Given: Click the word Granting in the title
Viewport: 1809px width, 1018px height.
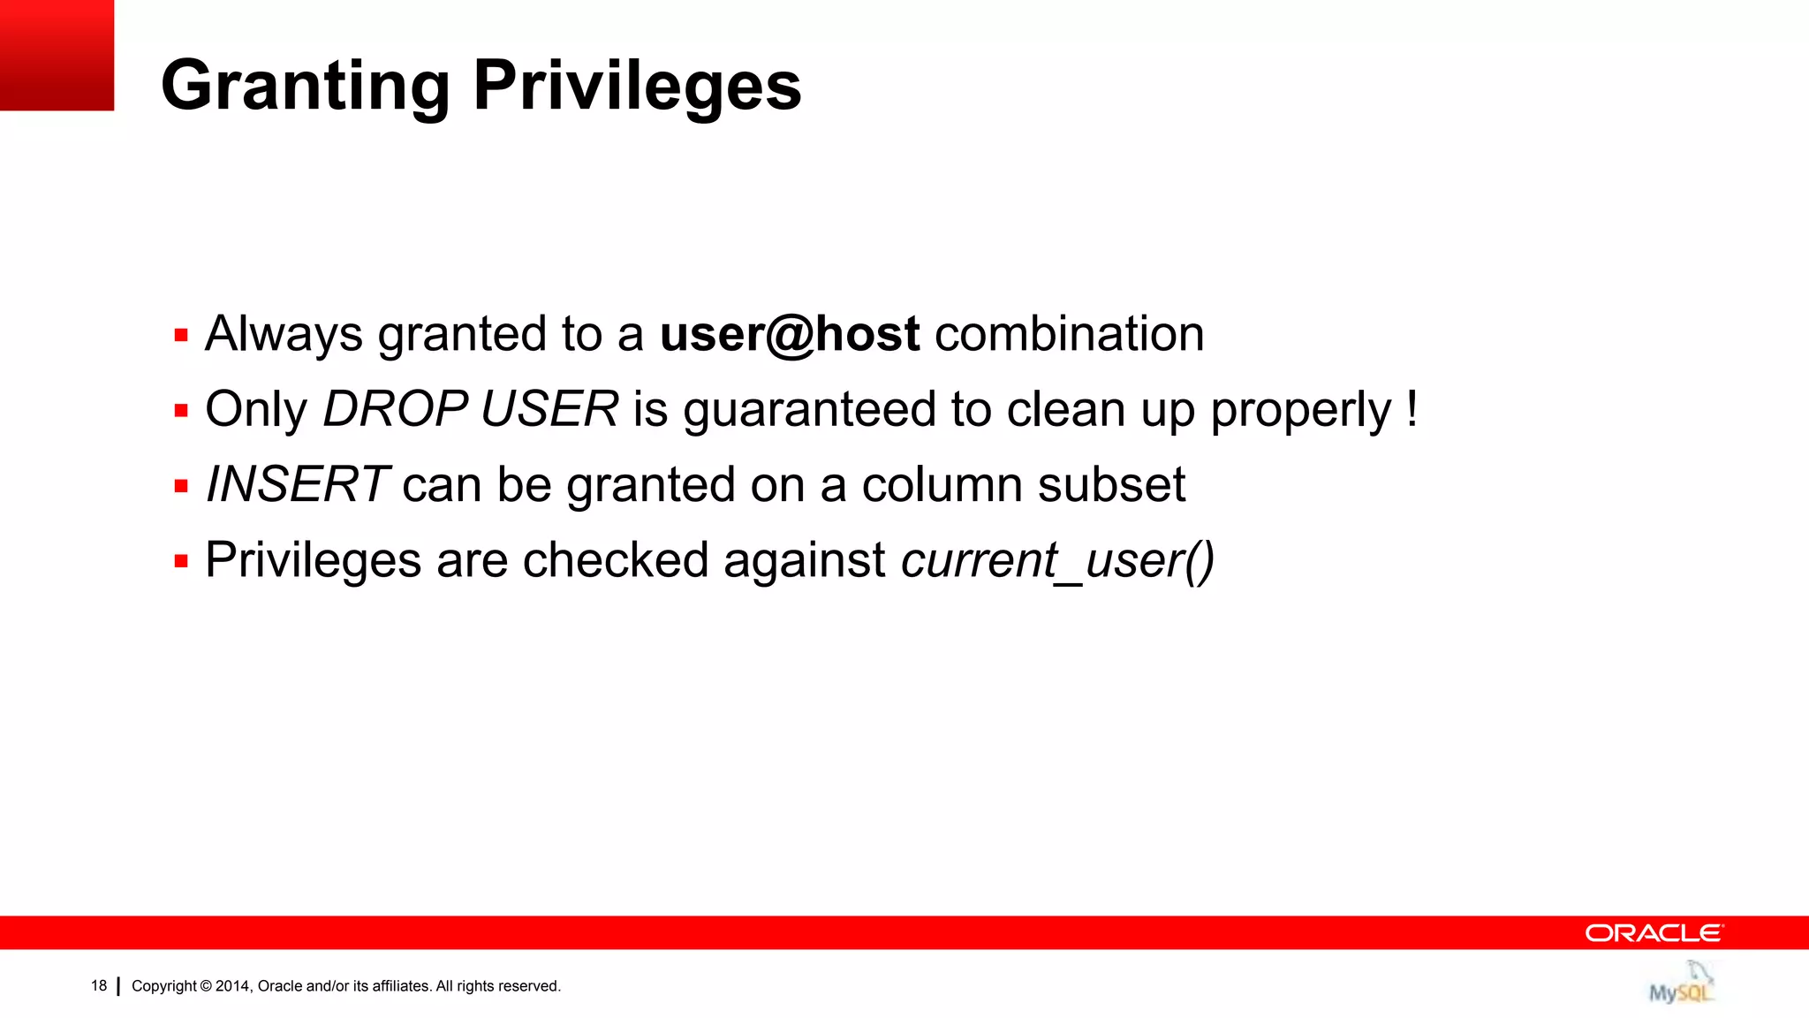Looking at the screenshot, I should coord(306,87).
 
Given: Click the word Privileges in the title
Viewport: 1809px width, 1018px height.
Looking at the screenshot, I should coord(637,87).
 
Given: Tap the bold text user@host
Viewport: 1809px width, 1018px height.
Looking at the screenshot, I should coord(790,334).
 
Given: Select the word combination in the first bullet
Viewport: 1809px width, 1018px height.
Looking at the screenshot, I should coord(1069,334).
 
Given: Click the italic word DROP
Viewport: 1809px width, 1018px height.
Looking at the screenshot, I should coord(395,409).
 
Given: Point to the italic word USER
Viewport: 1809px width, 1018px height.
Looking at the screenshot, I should coord(549,409).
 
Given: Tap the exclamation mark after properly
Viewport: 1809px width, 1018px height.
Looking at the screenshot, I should coord(1412,408).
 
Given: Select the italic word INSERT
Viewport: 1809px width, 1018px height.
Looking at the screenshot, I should coord(297,484).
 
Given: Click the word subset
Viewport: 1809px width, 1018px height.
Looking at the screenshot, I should coord(1111,484).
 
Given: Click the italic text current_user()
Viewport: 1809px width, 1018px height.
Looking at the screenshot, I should coord(1057,560).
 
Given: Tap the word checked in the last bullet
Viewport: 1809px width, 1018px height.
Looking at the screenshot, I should coord(616,560).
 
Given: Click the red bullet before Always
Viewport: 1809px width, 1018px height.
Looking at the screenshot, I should coord(181,336).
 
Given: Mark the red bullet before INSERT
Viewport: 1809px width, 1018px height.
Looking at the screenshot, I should coord(181,486).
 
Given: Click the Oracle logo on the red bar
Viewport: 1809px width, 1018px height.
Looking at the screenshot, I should coord(1653,933).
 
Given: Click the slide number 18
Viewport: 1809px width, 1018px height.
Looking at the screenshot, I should coord(99,985).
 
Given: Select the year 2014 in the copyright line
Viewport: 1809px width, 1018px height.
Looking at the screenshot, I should coord(233,986).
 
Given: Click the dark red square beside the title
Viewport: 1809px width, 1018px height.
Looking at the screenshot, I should coord(57,55).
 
